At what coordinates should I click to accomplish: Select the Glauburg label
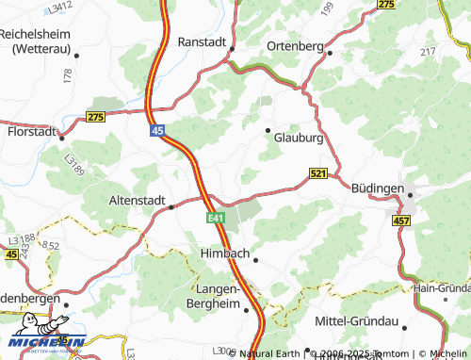click(299, 138)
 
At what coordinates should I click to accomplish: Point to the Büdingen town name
click(377, 188)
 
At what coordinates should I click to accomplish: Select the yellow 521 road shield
click(318, 173)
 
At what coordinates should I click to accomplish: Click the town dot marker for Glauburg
click(268, 130)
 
